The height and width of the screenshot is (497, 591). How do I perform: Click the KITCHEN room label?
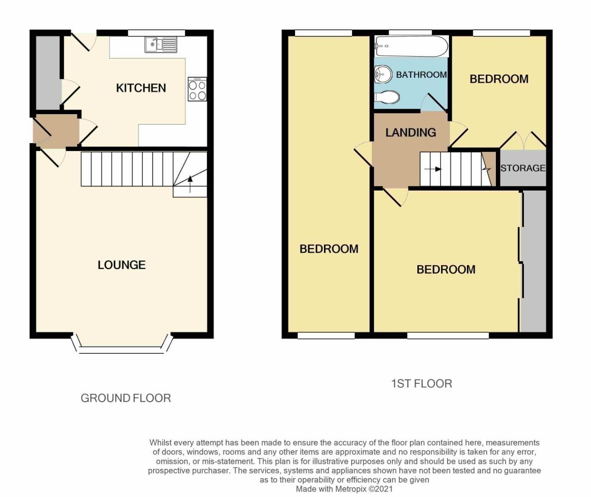pos(141,88)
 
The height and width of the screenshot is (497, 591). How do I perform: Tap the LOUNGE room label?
pos(121,265)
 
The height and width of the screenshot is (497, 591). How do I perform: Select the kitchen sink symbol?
pos(160,44)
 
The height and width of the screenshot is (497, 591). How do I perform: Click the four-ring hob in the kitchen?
pos(197,89)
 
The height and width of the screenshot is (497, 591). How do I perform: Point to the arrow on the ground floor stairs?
pos(190,184)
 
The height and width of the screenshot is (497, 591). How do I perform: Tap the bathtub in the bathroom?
pos(411,46)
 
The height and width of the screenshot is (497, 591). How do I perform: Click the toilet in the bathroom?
pos(386,97)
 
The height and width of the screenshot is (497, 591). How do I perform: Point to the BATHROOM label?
pos(421,75)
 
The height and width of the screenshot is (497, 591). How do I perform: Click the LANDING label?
pos(410,133)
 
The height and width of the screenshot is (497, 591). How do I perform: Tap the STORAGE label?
pos(523,168)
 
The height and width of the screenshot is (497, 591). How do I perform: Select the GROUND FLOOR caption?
pos(125,398)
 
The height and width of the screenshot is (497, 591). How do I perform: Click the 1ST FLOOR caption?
pos(421,383)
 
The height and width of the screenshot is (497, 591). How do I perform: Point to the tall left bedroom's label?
pos(329,249)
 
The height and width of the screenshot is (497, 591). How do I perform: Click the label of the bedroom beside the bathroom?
pos(499,79)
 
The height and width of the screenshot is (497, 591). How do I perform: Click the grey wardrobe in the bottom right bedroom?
pos(533,260)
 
